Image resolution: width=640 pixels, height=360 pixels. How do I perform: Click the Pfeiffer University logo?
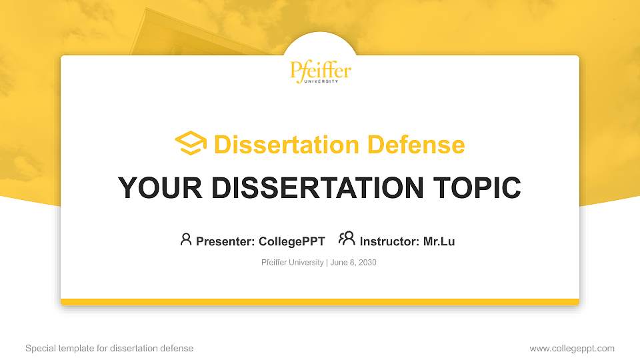320,71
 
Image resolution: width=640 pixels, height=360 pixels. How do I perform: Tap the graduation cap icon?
191,144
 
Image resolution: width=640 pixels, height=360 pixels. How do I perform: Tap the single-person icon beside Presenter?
186,239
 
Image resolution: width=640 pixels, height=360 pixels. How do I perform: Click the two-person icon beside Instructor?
347,239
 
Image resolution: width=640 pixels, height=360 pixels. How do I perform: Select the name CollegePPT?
291,241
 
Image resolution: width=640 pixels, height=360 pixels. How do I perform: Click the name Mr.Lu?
439,241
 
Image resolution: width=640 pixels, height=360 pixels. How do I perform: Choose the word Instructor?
390,241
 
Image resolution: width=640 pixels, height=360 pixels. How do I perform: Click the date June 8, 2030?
353,263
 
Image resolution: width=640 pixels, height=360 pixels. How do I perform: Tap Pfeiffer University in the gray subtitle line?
292,263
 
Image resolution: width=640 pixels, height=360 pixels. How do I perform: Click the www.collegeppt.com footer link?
571,348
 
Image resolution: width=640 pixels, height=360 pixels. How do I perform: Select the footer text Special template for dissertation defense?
109,348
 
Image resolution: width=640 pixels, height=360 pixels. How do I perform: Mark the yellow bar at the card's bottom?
320,301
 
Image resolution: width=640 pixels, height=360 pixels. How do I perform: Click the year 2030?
367,263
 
